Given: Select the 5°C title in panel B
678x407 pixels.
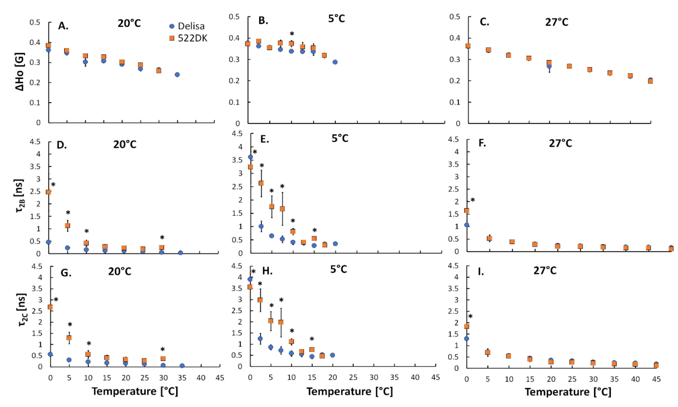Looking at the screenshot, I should (336, 19).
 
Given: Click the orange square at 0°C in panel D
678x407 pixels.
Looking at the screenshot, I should (48, 192).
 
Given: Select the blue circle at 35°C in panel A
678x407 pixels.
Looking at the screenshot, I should (177, 75).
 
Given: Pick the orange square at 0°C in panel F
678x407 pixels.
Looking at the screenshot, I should (467, 211).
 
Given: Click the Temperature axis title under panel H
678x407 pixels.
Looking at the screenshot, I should (349, 391).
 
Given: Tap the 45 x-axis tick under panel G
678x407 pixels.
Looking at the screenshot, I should (220, 378).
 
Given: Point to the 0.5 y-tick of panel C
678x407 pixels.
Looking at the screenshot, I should (454, 17).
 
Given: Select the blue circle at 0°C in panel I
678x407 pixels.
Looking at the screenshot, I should (467, 338).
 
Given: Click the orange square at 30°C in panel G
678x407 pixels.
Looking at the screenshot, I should (163, 358).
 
